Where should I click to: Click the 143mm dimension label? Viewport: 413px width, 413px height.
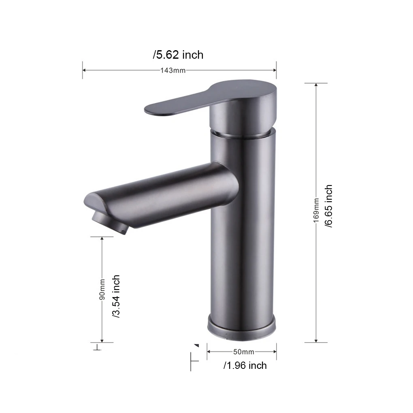click(x=173, y=70)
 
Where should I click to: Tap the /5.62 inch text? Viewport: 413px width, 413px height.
click(x=178, y=55)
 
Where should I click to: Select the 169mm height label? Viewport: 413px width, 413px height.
click(x=316, y=211)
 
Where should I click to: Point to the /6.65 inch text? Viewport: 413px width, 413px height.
click(x=328, y=206)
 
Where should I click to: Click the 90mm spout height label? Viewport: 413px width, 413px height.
click(x=102, y=290)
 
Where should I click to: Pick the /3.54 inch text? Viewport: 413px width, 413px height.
click(x=116, y=296)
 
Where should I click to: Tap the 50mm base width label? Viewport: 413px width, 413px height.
click(x=244, y=352)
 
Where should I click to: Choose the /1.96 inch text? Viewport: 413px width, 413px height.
click(x=245, y=366)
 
